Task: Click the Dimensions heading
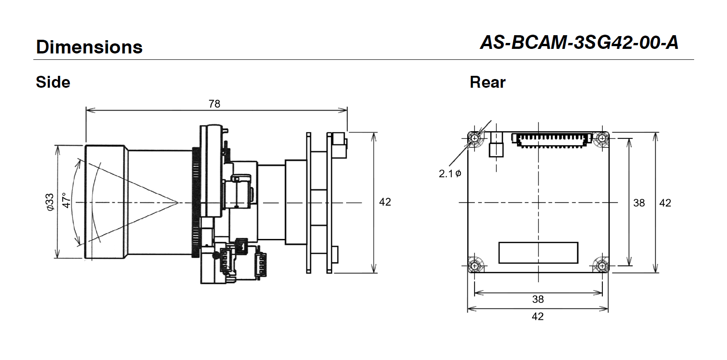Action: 89,47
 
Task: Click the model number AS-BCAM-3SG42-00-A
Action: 579,42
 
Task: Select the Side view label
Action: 53,82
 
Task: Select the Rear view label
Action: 487,82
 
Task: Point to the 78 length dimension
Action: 214,104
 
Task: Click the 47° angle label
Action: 67,201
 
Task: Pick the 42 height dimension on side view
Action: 385,202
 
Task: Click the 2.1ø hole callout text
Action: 450,174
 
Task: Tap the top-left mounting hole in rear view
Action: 475,138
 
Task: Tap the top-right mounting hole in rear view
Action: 602,138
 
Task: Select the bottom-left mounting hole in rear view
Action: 475,265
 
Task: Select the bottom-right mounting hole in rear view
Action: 602,265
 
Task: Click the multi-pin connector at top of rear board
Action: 552,139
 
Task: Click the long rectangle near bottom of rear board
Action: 538,253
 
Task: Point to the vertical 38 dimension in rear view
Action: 638,202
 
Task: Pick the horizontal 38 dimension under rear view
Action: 538,299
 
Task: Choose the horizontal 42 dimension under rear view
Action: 538,316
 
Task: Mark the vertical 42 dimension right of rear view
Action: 665,202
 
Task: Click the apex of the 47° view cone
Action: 178,202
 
